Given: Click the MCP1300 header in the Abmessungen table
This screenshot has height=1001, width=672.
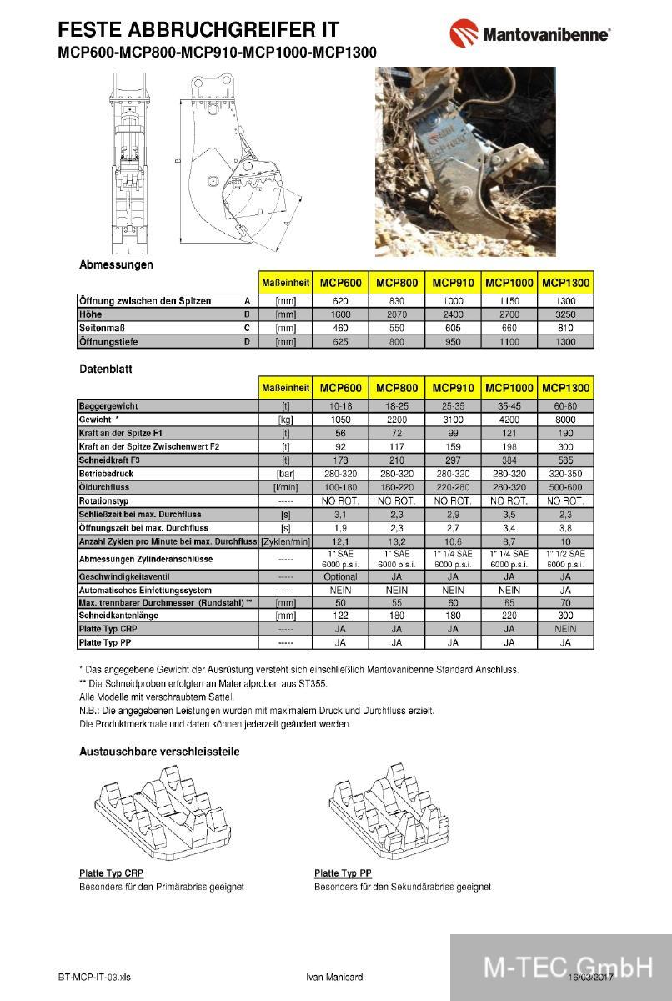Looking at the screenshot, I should tap(565, 284).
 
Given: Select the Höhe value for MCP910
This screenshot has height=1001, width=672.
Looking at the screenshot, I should tap(453, 314).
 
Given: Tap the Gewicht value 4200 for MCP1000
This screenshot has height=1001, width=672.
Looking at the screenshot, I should tap(509, 420).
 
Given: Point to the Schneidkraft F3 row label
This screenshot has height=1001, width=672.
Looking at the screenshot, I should tap(116, 460).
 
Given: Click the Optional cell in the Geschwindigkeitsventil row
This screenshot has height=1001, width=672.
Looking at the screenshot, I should tap(340, 576).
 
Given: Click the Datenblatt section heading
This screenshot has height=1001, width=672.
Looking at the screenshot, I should tap(106, 368).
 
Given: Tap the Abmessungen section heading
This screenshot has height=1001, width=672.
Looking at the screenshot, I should tap(116, 264).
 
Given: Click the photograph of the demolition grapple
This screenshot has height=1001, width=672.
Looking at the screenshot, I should tap(465, 161).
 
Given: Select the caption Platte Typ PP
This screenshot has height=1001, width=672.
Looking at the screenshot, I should tap(343, 873).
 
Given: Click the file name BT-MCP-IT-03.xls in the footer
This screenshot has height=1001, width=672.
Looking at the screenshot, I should tap(94, 977).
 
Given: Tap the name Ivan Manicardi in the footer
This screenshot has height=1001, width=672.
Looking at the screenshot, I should tap(336, 977).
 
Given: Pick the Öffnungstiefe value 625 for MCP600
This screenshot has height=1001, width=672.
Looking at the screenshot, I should tap(340, 342).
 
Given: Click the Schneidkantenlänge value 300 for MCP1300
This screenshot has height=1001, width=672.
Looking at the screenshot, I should tap(565, 616).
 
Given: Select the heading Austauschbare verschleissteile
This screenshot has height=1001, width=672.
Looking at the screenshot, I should tap(159, 752).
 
